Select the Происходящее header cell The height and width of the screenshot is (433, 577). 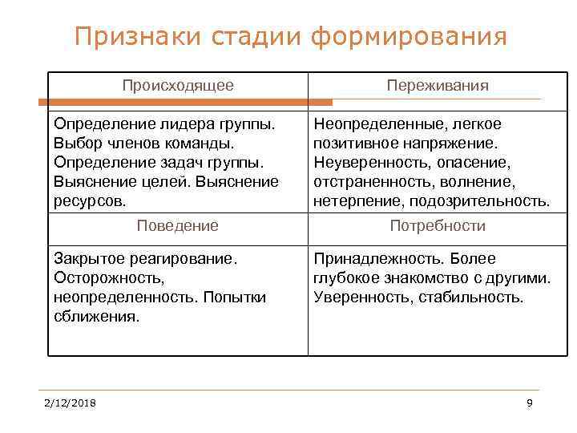(x=178, y=85)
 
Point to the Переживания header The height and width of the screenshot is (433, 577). (x=438, y=85)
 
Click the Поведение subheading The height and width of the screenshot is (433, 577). (x=178, y=225)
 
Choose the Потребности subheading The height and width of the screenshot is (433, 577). (x=438, y=225)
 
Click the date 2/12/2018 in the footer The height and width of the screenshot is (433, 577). (x=70, y=403)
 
